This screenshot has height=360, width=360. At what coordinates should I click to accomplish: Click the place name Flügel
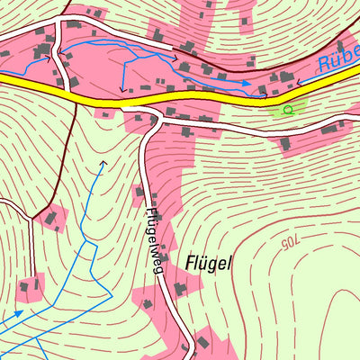tap(209, 263)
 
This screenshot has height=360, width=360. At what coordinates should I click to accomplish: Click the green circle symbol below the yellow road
tap(287, 110)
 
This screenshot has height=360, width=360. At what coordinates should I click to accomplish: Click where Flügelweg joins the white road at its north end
tap(144, 114)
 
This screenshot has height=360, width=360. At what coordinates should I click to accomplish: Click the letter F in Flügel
tap(190, 263)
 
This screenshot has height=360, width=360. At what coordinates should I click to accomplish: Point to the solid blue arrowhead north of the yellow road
tap(247, 83)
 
